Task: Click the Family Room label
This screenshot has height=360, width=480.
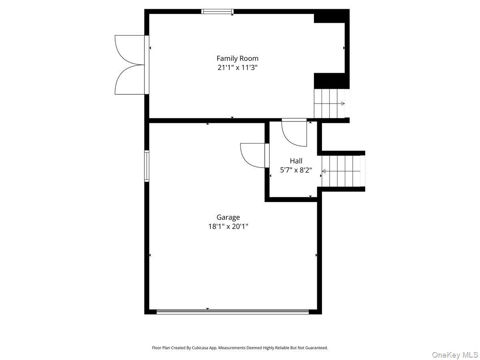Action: click(x=237, y=58)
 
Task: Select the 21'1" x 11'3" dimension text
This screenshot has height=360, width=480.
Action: click(x=237, y=68)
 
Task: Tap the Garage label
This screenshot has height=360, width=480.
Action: click(x=228, y=217)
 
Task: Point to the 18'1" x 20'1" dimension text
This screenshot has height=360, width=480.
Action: click(x=228, y=226)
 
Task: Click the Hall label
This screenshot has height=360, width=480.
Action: click(x=296, y=161)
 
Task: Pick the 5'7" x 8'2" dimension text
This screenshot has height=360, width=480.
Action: click(x=296, y=170)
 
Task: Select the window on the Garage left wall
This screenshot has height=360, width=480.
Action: click(x=147, y=166)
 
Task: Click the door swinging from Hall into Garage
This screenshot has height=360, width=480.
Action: click(x=252, y=155)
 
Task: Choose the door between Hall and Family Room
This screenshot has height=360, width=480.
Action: click(x=294, y=132)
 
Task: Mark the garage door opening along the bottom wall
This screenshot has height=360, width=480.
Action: click(x=232, y=312)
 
